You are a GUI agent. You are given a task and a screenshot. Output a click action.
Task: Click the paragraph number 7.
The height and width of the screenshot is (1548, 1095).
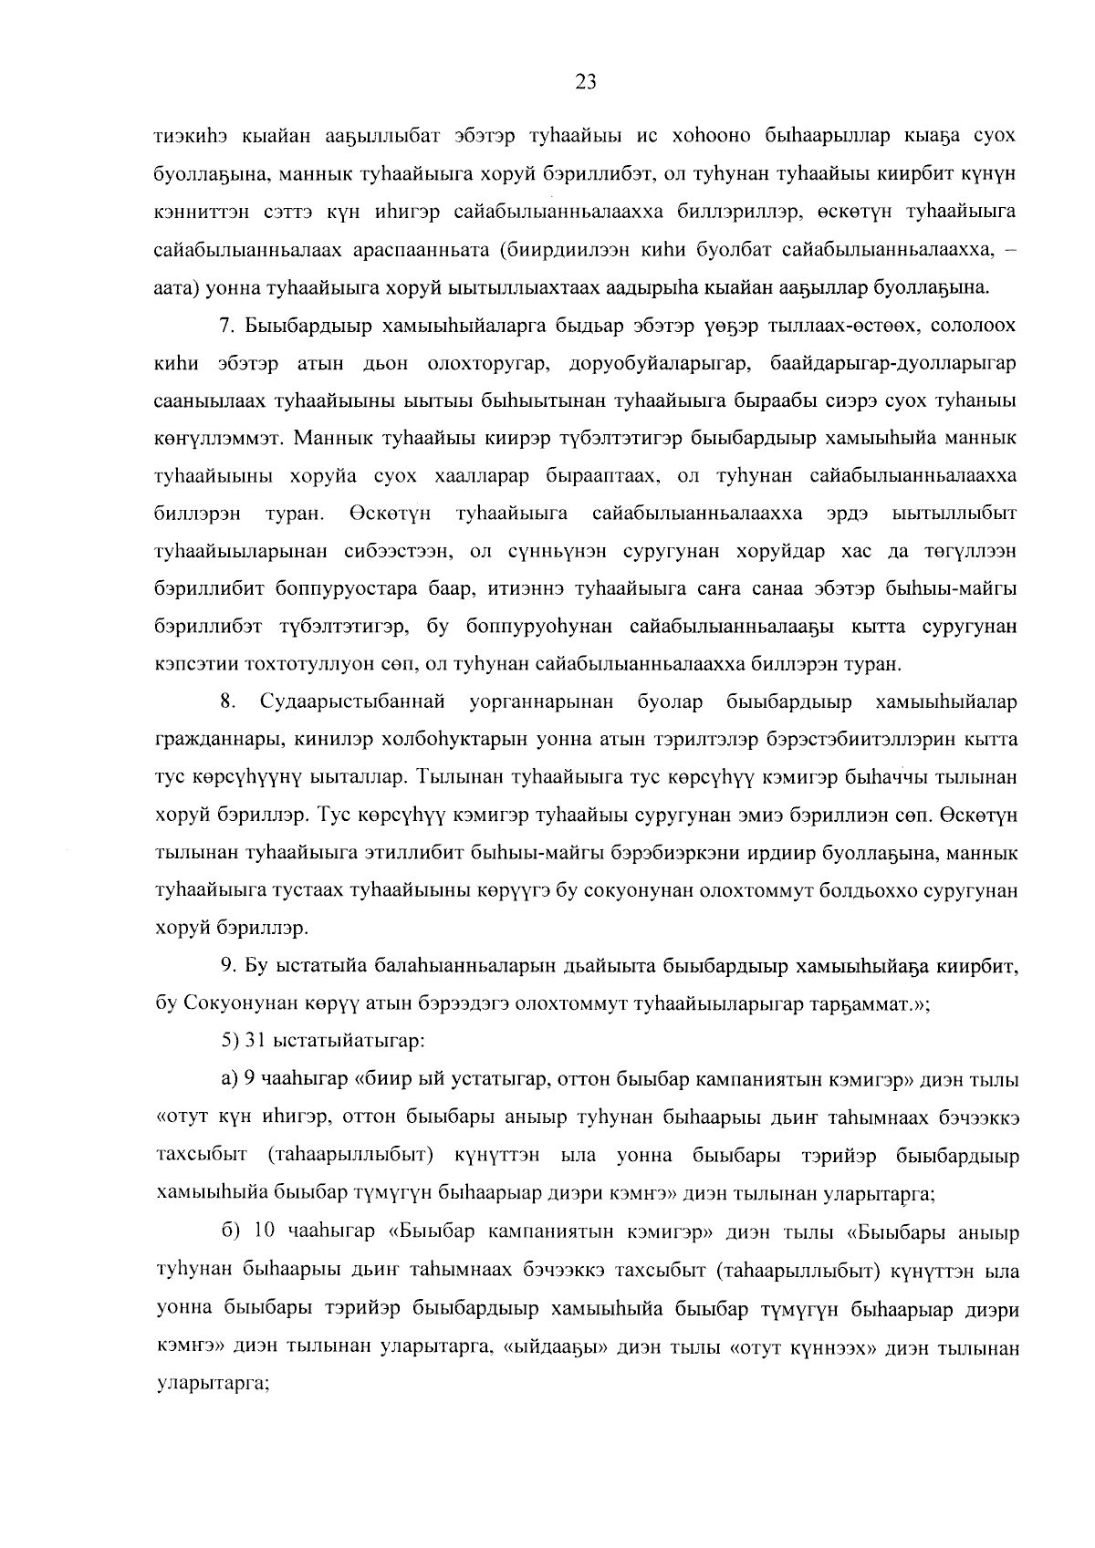(x=228, y=326)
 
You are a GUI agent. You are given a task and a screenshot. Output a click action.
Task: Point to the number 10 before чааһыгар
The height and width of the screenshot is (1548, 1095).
(x=265, y=1232)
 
